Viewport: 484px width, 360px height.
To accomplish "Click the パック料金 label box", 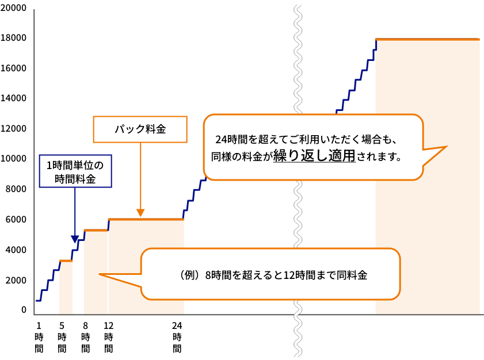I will (x=140, y=129).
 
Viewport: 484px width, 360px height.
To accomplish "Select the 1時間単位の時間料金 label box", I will (x=75, y=171).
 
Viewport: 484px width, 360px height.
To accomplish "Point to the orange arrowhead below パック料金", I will (x=140, y=212).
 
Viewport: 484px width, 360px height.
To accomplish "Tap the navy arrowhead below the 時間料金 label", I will (x=75, y=239).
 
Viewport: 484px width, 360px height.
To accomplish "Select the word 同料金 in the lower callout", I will (x=352, y=275).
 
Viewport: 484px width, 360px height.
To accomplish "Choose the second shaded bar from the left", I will (x=96, y=273).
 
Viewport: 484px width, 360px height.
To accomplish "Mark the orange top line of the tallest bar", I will (x=427, y=39).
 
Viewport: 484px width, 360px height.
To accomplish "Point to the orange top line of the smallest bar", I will (x=66, y=261).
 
